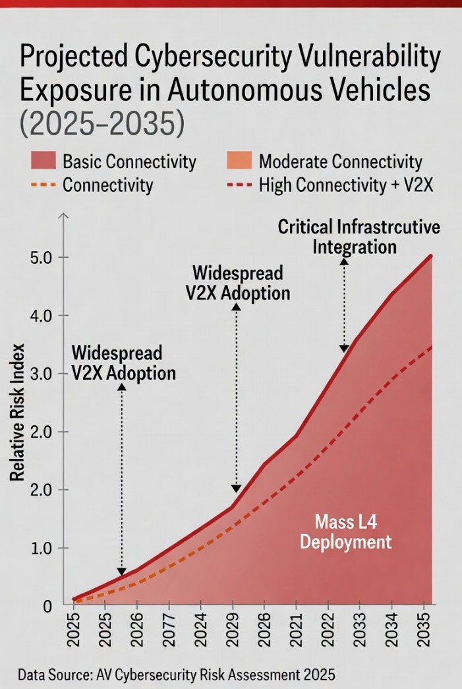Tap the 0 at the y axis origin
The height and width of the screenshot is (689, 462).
48,605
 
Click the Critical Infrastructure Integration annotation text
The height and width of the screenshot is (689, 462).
359,237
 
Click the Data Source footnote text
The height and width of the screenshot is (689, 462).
177,675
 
